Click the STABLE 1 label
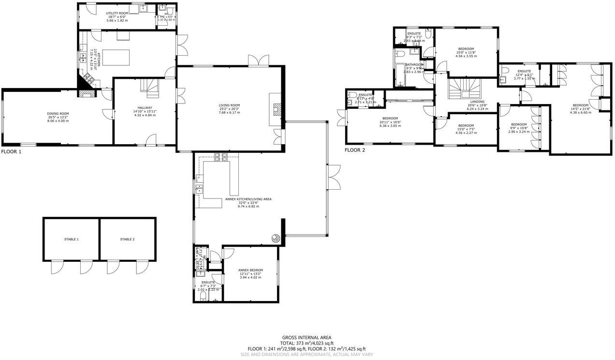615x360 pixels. coord(71,240)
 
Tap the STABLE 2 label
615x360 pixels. coord(127,240)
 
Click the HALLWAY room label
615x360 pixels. coord(145,108)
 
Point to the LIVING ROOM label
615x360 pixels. coord(229,105)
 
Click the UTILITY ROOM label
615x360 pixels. coord(117,14)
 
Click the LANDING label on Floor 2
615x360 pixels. coord(477,102)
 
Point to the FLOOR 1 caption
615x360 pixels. coord(12,151)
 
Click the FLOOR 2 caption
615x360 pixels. coord(355,150)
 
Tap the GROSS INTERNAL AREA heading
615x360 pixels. coord(307,338)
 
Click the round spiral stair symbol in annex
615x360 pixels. coord(275,238)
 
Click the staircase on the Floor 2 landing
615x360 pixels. coord(463,89)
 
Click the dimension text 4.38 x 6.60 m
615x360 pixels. coord(581,112)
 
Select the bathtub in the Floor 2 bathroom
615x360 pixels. coord(399,75)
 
